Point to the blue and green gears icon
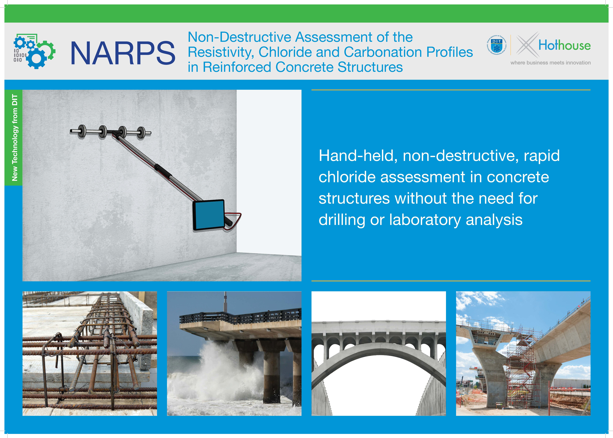pyautogui.click(x=34, y=51)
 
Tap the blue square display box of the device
pyautogui.click(x=209, y=215)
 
